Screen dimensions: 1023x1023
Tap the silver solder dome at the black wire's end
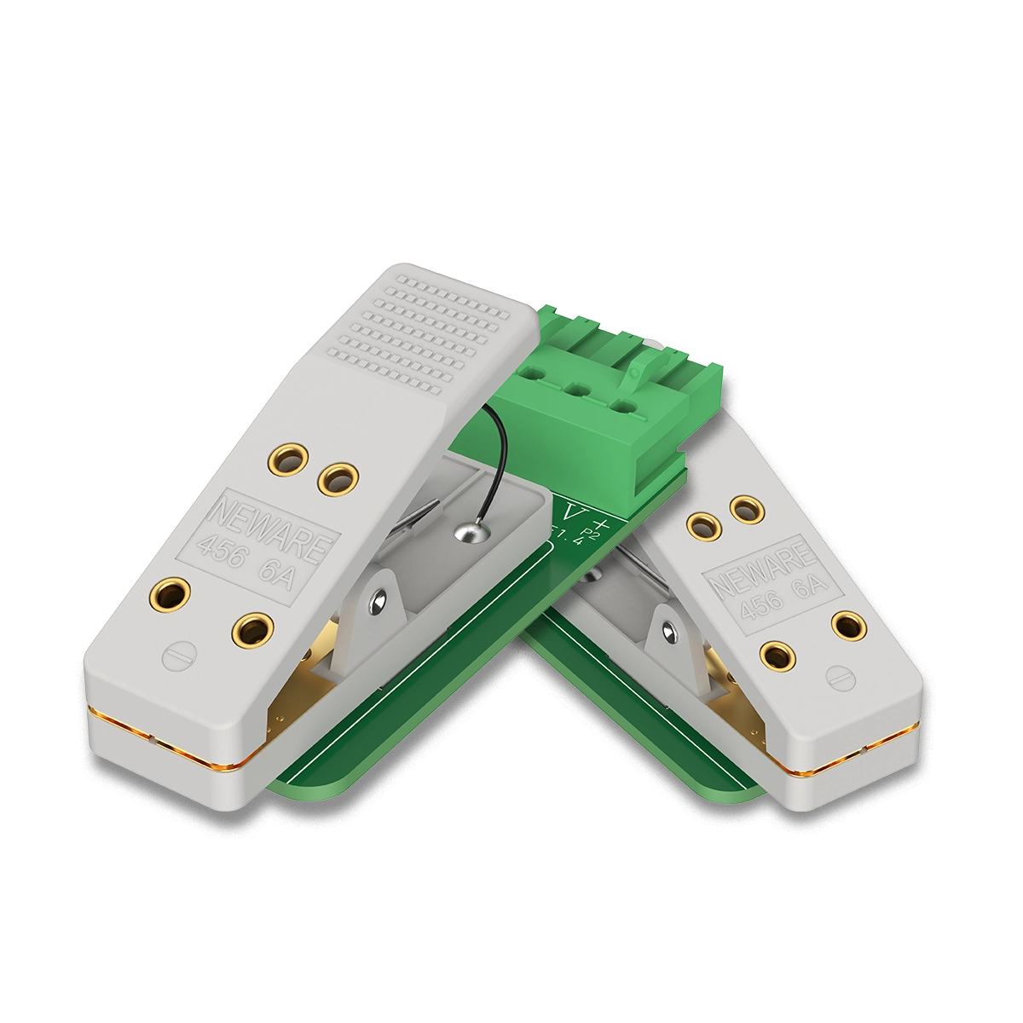click(x=469, y=533)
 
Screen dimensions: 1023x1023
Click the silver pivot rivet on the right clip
click(x=671, y=633)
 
